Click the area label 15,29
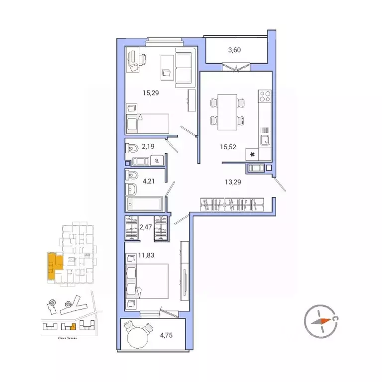tap(136, 93)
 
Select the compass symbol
tap(321, 321)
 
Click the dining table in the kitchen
tap(228, 111)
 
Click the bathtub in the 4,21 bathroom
tap(144, 204)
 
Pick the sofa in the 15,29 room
tap(183, 67)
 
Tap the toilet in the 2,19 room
tap(133, 148)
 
